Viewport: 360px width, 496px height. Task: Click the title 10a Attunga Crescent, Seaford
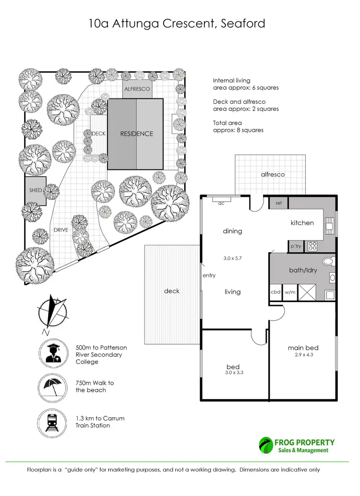(177, 24)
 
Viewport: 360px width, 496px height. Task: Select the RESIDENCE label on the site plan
(136, 134)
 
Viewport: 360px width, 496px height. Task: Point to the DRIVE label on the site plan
(60, 230)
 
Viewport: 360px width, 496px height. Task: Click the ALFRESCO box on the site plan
(137, 90)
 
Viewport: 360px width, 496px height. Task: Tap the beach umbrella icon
(52, 387)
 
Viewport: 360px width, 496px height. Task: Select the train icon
(52, 422)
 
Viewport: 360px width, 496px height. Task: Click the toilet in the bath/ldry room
(328, 262)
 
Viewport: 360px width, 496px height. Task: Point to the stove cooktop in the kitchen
(312, 246)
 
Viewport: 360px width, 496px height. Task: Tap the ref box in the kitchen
(278, 203)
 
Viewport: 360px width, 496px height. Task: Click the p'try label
(296, 246)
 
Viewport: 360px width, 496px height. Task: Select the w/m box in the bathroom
(289, 291)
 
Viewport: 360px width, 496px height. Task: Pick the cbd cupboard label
(276, 291)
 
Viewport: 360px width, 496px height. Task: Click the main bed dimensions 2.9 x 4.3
(303, 355)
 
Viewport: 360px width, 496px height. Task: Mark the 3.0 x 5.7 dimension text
(232, 258)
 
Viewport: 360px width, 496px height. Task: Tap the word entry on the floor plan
(209, 276)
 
